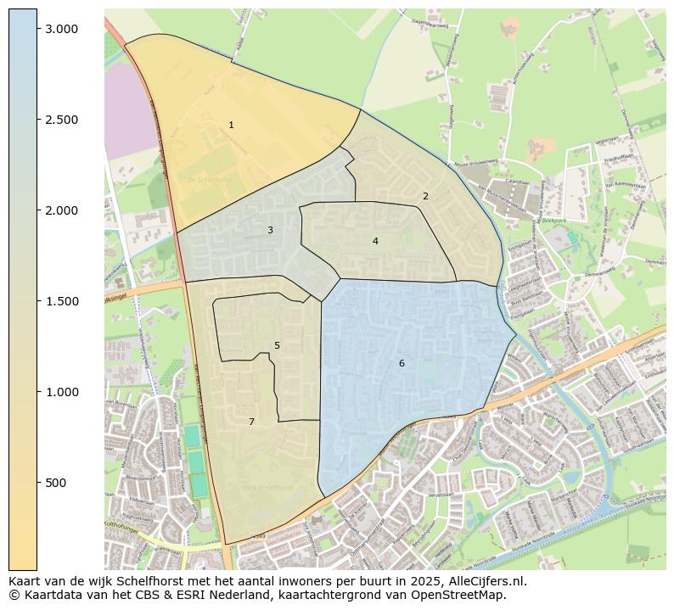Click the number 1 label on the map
(231, 126)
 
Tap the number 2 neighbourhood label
(425, 197)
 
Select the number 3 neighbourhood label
(270, 231)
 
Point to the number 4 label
(375, 242)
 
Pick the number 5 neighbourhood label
(277, 346)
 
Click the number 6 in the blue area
(402, 364)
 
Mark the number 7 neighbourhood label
(251, 423)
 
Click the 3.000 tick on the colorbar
(61, 29)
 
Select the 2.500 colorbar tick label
(61, 120)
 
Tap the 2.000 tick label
(61, 210)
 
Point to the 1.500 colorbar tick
(61, 301)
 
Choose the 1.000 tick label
(61, 392)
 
